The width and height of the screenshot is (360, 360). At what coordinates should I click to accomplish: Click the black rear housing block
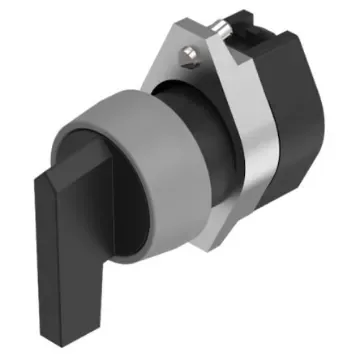300,130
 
